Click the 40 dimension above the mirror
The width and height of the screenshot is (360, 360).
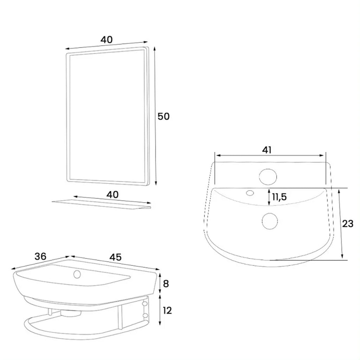107,40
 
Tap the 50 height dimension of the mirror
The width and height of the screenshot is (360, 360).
163,116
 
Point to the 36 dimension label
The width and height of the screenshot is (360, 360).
41,257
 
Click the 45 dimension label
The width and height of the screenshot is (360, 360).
115,257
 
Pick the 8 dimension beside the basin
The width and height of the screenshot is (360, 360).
166,283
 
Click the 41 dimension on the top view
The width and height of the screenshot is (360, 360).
267,150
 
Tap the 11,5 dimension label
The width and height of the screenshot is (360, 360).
279,197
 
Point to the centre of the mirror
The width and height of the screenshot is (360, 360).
107,116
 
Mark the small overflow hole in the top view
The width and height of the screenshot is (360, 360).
250,193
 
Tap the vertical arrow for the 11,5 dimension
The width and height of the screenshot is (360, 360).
269,197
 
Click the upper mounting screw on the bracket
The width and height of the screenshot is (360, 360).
145,302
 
